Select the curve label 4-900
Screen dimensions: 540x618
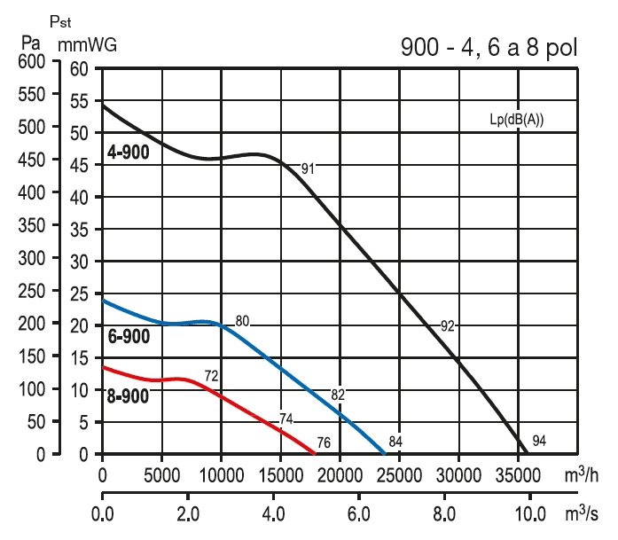point(129,153)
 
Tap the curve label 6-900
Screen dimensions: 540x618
point(129,337)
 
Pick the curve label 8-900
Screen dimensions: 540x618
point(129,396)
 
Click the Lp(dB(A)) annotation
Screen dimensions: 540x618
point(516,115)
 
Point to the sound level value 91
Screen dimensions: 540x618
point(308,168)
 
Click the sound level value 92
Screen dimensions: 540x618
point(448,326)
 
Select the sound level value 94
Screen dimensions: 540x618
point(540,441)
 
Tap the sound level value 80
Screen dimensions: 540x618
point(243,321)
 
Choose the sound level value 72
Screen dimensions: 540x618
point(211,376)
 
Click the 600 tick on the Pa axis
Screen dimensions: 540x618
point(29,62)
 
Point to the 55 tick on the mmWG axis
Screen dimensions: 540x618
point(80,101)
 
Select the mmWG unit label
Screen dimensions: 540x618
point(87,42)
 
